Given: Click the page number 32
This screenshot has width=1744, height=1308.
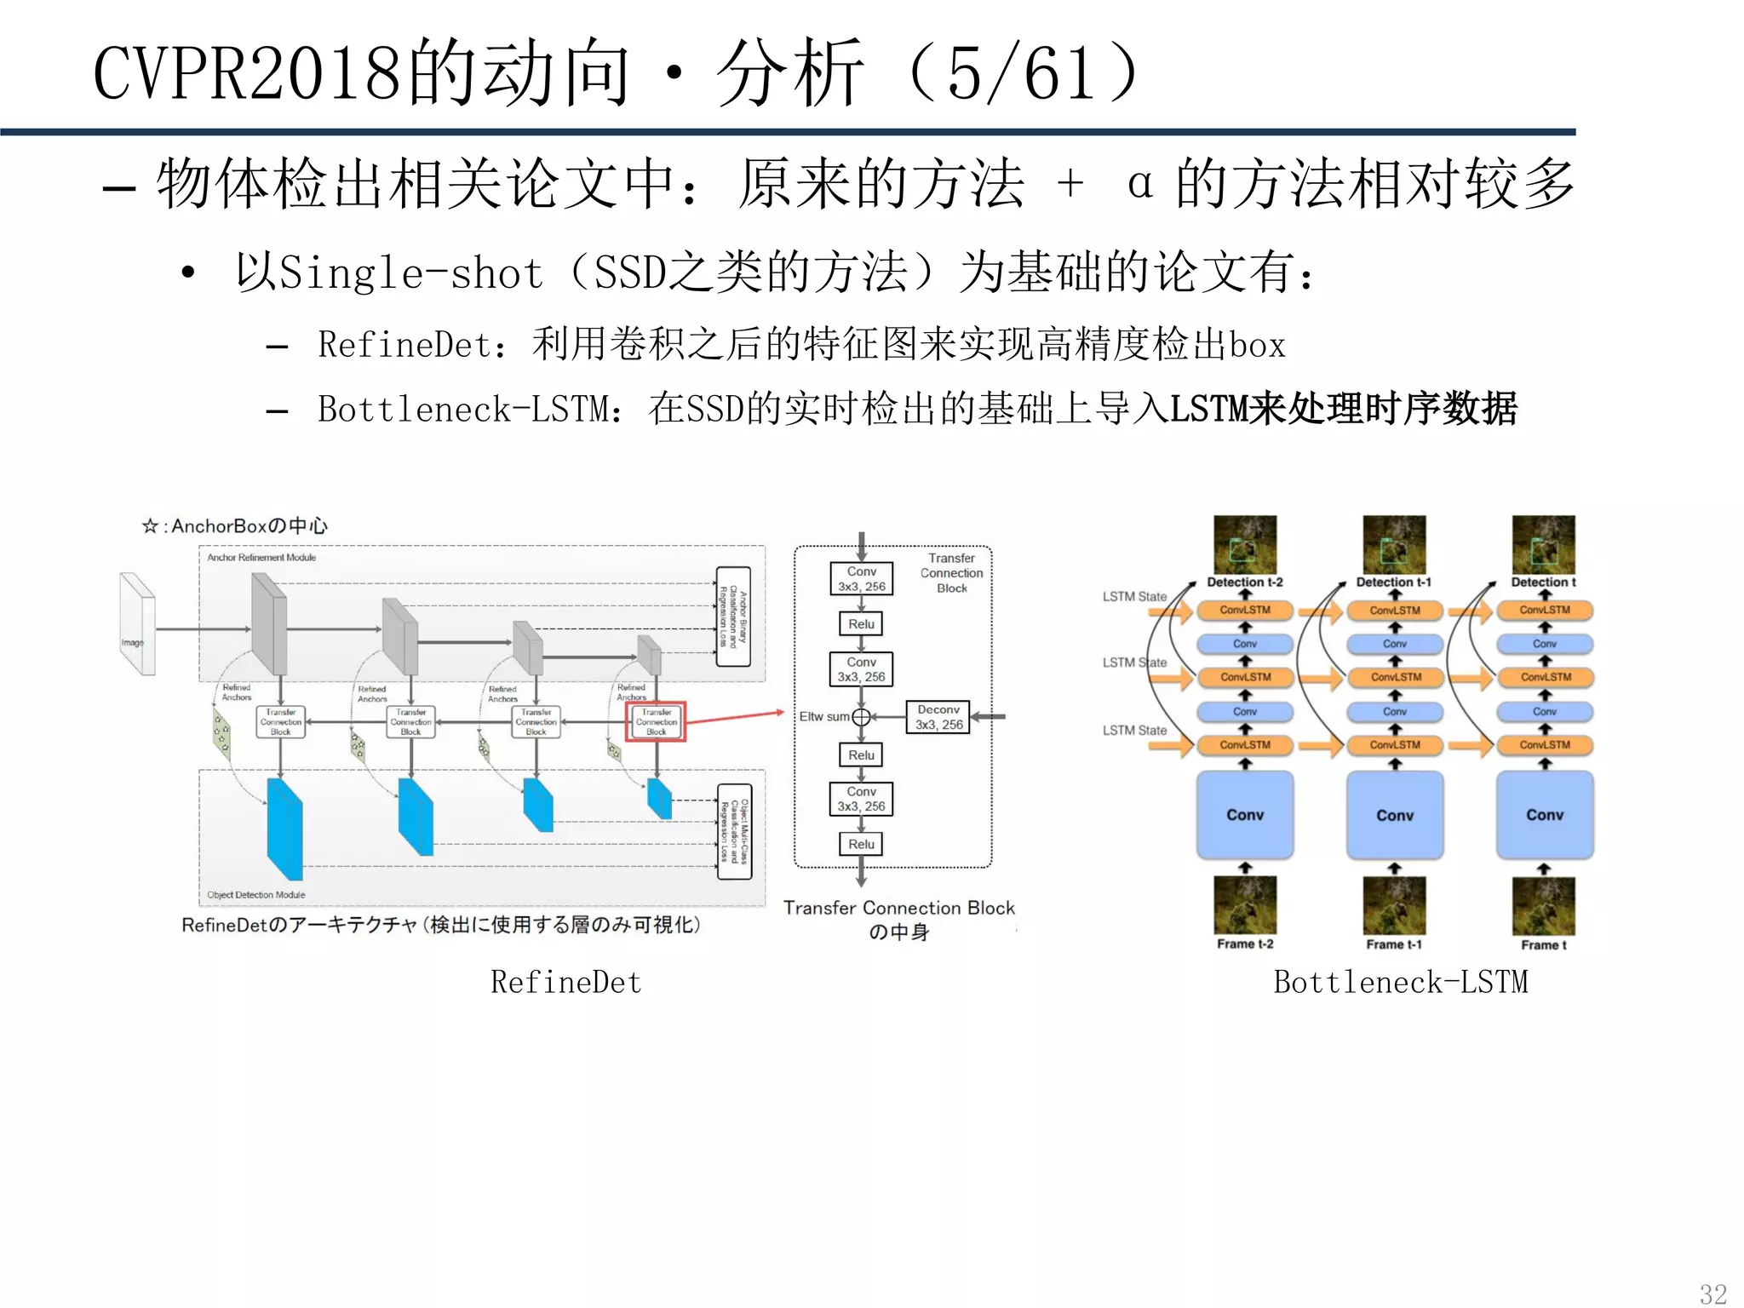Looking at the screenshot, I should (1712, 1294).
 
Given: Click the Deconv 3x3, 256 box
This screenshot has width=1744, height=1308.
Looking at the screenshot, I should (938, 717).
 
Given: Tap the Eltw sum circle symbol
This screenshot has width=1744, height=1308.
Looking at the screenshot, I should (861, 717).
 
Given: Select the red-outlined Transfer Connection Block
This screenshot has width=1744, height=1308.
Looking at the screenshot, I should (656, 721).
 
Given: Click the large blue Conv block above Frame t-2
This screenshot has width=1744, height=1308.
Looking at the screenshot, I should (1244, 815).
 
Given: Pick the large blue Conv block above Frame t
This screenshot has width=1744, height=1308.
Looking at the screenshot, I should (1544, 815).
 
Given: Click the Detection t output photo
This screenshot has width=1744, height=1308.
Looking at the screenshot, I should (1543, 544).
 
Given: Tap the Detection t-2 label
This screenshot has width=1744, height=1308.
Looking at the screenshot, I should (1244, 582).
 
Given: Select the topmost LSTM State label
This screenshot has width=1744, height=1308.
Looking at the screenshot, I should (1134, 596).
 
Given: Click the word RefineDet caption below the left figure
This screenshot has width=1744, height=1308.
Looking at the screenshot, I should (565, 982).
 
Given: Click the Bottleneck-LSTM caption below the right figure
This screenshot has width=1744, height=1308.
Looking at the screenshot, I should (1400, 982).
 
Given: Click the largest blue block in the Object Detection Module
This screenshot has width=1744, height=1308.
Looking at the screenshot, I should (285, 829).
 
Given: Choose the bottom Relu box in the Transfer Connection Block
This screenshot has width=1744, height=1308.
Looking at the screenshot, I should (861, 844).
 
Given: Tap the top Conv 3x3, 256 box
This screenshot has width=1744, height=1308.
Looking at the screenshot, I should (861, 578).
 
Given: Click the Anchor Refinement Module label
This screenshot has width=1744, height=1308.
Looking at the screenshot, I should (261, 558).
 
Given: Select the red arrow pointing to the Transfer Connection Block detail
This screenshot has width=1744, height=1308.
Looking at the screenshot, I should (734, 717).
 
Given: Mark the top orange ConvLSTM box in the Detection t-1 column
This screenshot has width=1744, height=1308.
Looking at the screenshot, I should (1394, 611).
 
